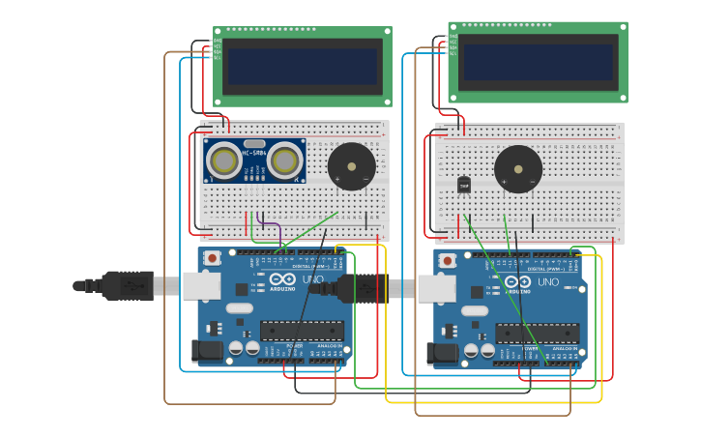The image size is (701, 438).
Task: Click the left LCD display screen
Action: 302,66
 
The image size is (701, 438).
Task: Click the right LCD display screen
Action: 538,62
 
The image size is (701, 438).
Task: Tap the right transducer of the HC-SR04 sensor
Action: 285,161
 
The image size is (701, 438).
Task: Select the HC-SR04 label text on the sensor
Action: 254,152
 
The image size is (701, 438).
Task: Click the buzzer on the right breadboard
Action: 518,169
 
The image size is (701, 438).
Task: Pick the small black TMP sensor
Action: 464,185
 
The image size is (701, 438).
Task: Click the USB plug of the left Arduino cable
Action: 126,286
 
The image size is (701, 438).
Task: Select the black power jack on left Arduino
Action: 207,351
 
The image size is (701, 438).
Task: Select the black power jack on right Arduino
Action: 442,354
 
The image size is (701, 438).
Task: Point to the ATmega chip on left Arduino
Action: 302,331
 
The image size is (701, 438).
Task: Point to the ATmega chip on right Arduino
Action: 538,334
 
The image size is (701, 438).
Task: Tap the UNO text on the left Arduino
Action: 313,279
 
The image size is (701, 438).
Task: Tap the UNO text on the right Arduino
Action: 547,282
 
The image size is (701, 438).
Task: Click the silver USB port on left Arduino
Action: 201,285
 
